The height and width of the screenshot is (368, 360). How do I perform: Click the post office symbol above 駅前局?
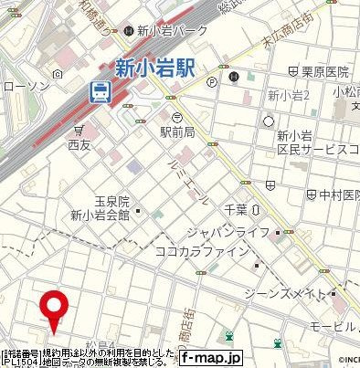point(176,116)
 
